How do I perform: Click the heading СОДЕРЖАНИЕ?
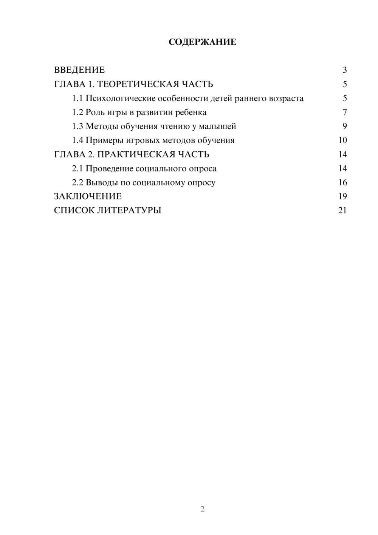[202, 42]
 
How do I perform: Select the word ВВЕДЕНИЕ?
[79, 70]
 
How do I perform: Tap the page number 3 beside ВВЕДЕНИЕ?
[345, 70]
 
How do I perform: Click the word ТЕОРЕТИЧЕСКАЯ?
[135, 84]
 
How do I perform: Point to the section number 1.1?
[77, 98]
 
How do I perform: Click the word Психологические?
[120, 98]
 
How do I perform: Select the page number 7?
[345, 112]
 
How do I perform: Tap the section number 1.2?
[77, 112]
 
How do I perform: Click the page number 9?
[345, 126]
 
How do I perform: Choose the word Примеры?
[103, 140]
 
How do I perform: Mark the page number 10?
[342, 140]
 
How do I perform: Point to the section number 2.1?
[77, 168]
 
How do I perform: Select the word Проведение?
[109, 168]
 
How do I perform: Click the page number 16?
[342, 182]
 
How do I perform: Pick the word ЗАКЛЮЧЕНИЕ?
[88, 196]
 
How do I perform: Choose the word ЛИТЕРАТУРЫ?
[129, 210]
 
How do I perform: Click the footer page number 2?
[202, 509]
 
